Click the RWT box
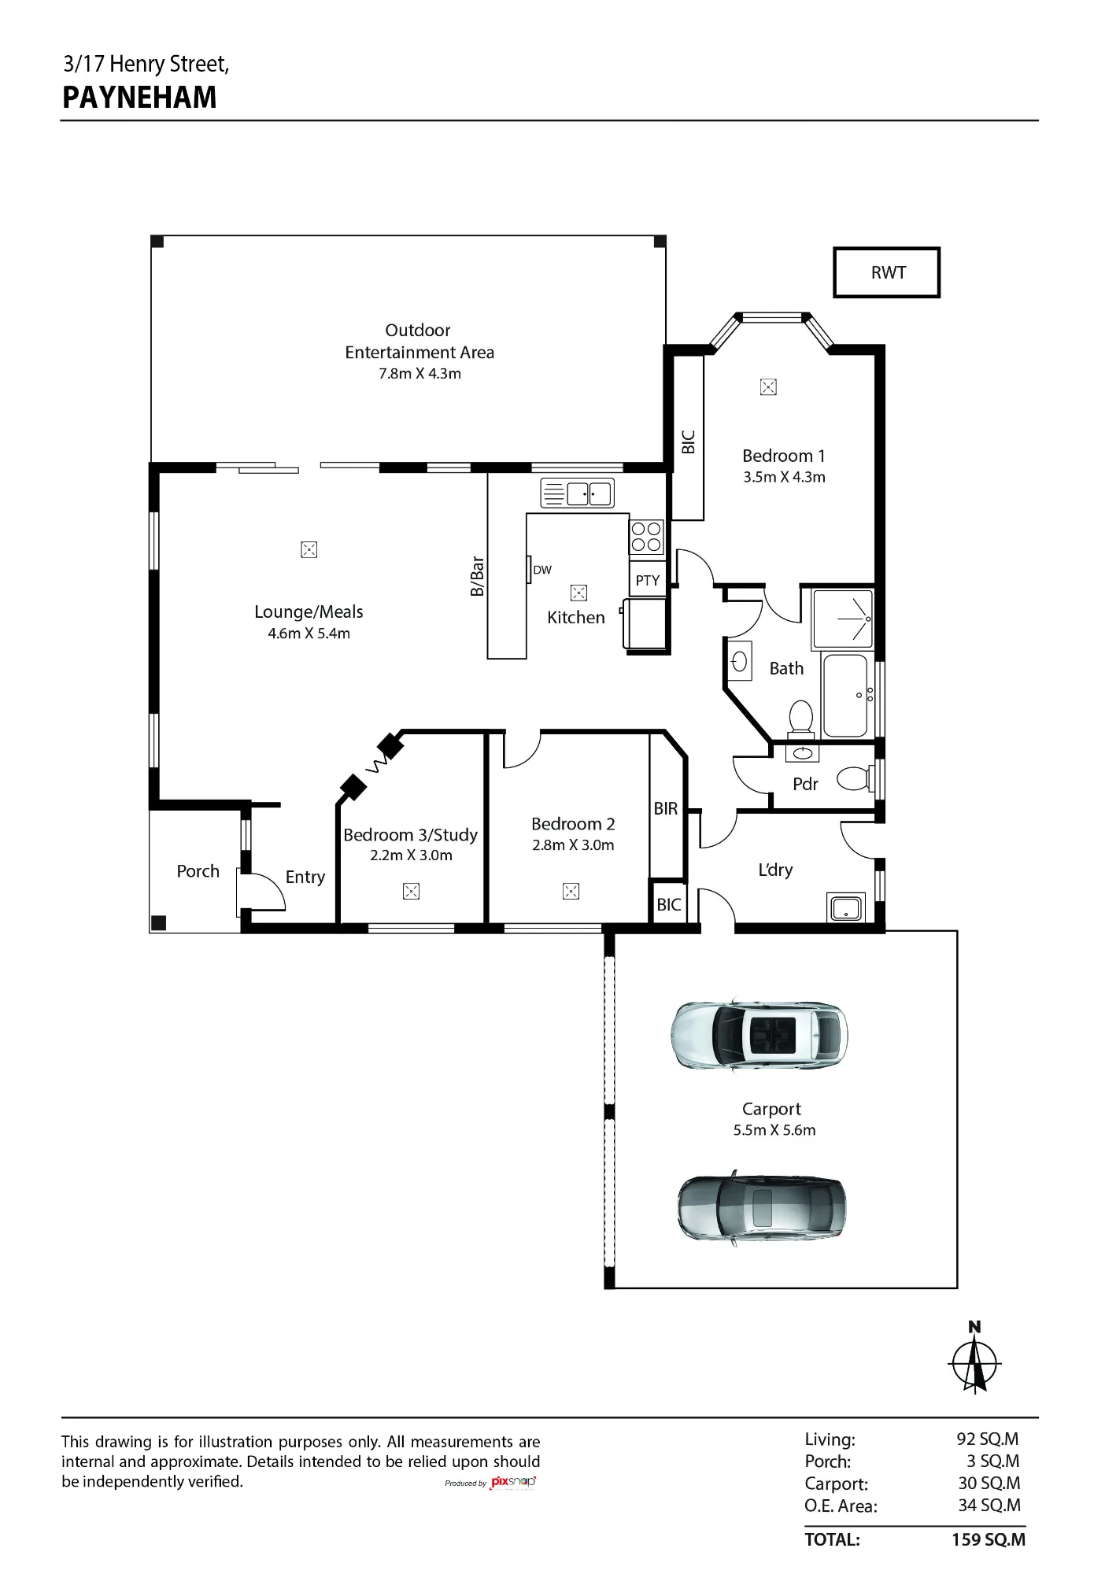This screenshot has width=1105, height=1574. [x=887, y=272]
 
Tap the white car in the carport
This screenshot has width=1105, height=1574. [x=759, y=1035]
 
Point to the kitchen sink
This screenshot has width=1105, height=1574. [x=577, y=493]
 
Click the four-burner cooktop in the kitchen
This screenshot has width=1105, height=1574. [x=646, y=537]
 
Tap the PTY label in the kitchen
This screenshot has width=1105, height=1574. [x=648, y=581]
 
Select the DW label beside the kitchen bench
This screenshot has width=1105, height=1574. [x=542, y=570]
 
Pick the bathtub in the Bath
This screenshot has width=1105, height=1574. [x=845, y=696]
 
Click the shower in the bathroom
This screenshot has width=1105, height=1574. [x=843, y=619]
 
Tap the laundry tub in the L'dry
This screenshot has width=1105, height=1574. [x=846, y=907]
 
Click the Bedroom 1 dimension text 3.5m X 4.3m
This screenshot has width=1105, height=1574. [x=784, y=477]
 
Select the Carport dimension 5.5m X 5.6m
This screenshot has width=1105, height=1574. [x=774, y=1130]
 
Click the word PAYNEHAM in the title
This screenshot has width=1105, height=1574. [x=139, y=98]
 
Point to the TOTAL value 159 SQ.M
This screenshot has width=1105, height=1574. [x=989, y=1540]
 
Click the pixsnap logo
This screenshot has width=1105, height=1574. [x=513, y=1483]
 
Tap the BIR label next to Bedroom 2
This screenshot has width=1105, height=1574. [x=666, y=808]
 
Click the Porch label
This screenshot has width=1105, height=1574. [x=198, y=871]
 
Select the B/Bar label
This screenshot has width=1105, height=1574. [x=477, y=576]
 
